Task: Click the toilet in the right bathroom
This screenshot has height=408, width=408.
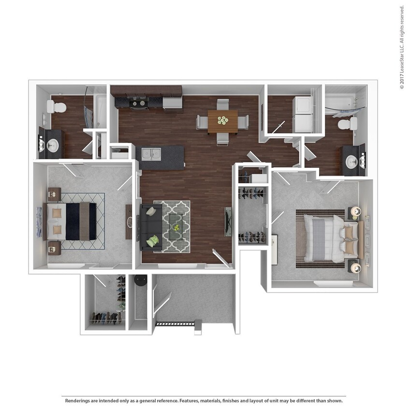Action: pos(347,124)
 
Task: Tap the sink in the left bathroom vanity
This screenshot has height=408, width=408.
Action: pos(53,145)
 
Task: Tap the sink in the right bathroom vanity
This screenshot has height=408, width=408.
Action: pos(351,160)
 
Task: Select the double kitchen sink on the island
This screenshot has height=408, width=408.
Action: pos(151,154)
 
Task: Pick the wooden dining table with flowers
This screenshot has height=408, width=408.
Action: pos(222,121)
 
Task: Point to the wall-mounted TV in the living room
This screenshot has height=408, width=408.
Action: pos(228,221)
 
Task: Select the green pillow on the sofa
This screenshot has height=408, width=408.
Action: pos(153,240)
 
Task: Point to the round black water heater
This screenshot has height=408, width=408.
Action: pos(141,280)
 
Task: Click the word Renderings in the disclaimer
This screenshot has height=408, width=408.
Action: pos(77,401)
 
